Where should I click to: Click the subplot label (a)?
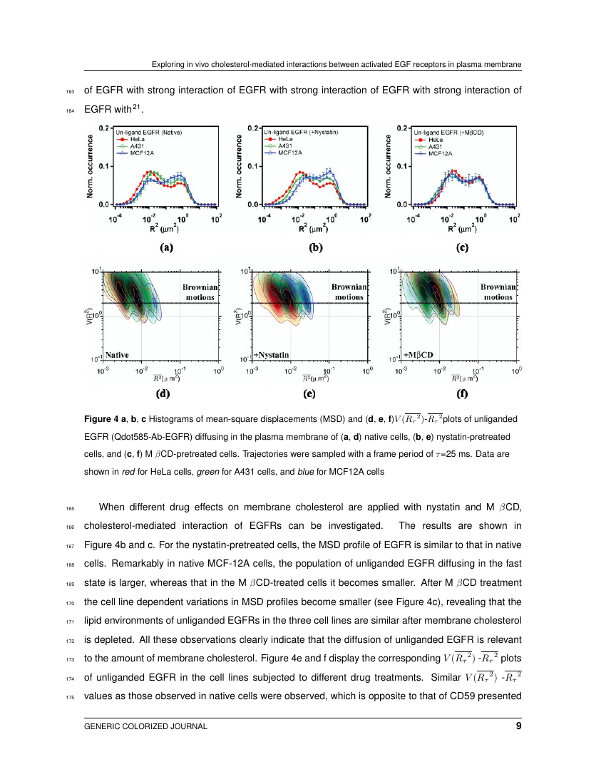(x=165, y=249)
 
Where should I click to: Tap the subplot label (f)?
(x=462, y=392)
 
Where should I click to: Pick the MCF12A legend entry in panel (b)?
(x=289, y=153)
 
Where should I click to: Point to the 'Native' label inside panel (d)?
(x=118, y=354)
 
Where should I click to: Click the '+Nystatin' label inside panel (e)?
(x=272, y=354)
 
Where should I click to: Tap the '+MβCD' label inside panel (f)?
(x=418, y=354)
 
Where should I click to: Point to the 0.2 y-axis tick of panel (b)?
(x=251, y=128)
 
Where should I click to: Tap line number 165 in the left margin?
(x=69, y=508)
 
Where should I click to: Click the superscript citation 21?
(x=139, y=107)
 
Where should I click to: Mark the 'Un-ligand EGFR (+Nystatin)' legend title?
(x=300, y=133)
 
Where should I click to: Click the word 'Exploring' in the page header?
(x=170, y=65)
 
